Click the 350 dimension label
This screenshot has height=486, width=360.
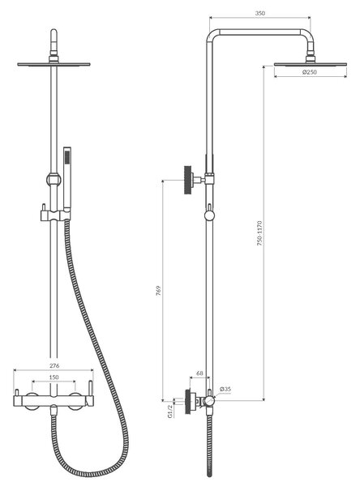(x=260, y=13)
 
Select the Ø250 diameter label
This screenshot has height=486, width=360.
(x=310, y=72)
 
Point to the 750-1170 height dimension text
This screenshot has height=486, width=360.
(x=259, y=233)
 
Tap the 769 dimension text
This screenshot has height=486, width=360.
(x=158, y=291)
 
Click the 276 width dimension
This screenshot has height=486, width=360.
(x=54, y=366)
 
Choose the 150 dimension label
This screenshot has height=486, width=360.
(x=54, y=377)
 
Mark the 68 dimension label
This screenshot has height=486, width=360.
(x=199, y=373)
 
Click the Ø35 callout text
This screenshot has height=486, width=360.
(x=225, y=389)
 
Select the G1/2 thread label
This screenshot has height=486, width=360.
(x=170, y=411)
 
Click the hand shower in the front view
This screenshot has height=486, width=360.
(x=67, y=178)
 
